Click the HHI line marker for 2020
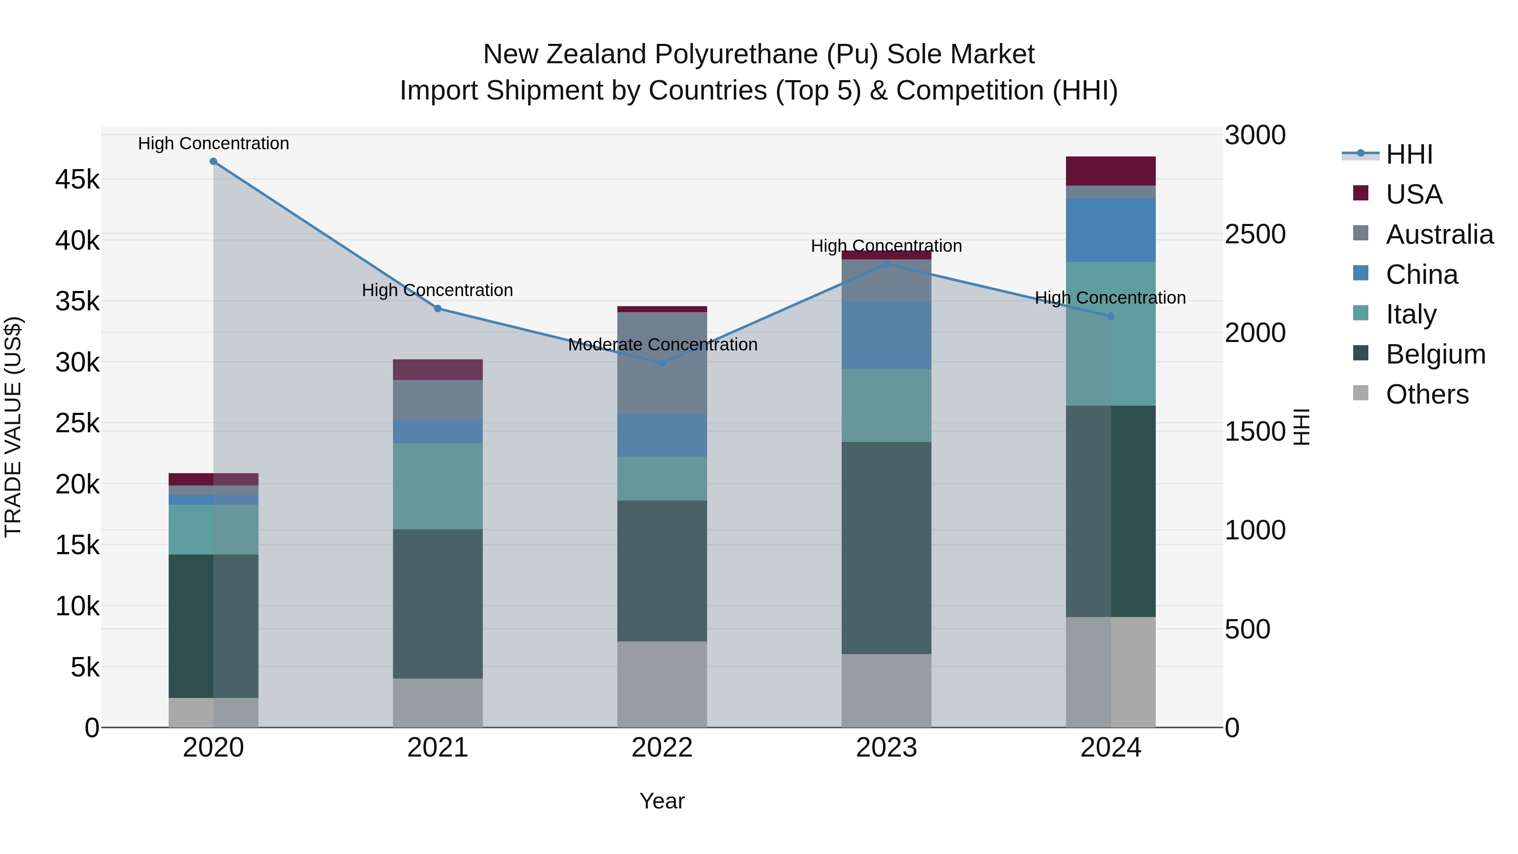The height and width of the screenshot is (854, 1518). [213, 162]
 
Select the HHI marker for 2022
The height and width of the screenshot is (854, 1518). [662, 364]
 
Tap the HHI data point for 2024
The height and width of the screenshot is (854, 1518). [1111, 316]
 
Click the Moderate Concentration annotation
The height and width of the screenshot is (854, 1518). [662, 345]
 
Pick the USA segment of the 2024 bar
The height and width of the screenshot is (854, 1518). [1111, 171]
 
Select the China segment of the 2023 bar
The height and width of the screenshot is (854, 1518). [886, 335]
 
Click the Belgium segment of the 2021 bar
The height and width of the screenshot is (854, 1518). [438, 603]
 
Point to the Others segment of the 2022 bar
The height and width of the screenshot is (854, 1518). [662, 684]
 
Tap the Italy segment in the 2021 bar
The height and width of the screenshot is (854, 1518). [438, 486]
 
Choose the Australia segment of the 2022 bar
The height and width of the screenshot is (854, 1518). [662, 363]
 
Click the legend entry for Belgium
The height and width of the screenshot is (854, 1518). [1435, 354]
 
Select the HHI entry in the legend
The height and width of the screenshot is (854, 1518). [1408, 154]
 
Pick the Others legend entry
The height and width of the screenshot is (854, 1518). [1426, 394]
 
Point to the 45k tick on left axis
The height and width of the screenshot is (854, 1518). [77, 179]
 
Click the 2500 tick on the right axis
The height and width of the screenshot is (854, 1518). [1254, 234]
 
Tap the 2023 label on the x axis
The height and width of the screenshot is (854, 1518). [886, 748]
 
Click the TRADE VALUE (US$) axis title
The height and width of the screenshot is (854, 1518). [13, 427]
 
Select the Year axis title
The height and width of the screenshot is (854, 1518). [662, 801]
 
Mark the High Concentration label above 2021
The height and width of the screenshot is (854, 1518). [437, 291]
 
